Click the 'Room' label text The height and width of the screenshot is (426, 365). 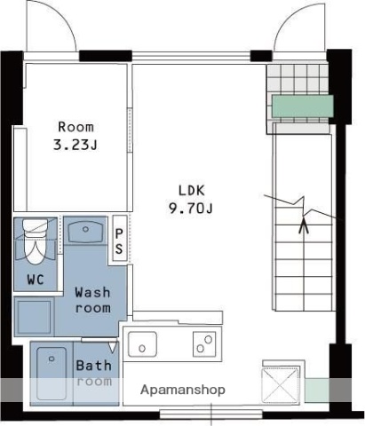click(x=75, y=127)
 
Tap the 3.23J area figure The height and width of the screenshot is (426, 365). click(x=75, y=145)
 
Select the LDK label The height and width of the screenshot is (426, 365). click(x=192, y=191)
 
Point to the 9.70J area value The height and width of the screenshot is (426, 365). click(x=191, y=209)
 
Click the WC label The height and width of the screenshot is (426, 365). click(x=36, y=280)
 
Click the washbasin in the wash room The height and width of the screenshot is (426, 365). click(x=85, y=233)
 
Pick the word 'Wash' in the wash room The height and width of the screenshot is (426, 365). click(x=92, y=292)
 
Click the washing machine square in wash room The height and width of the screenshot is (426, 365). click(x=34, y=317)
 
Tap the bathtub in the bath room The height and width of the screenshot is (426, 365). click(x=52, y=374)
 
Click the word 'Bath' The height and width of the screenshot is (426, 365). click(x=94, y=366)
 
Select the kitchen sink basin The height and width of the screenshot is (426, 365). click(x=142, y=344)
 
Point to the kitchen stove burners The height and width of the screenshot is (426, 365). click(x=204, y=344)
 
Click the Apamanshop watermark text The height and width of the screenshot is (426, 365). click(x=183, y=390)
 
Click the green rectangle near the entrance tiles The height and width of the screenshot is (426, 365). click(x=303, y=106)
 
